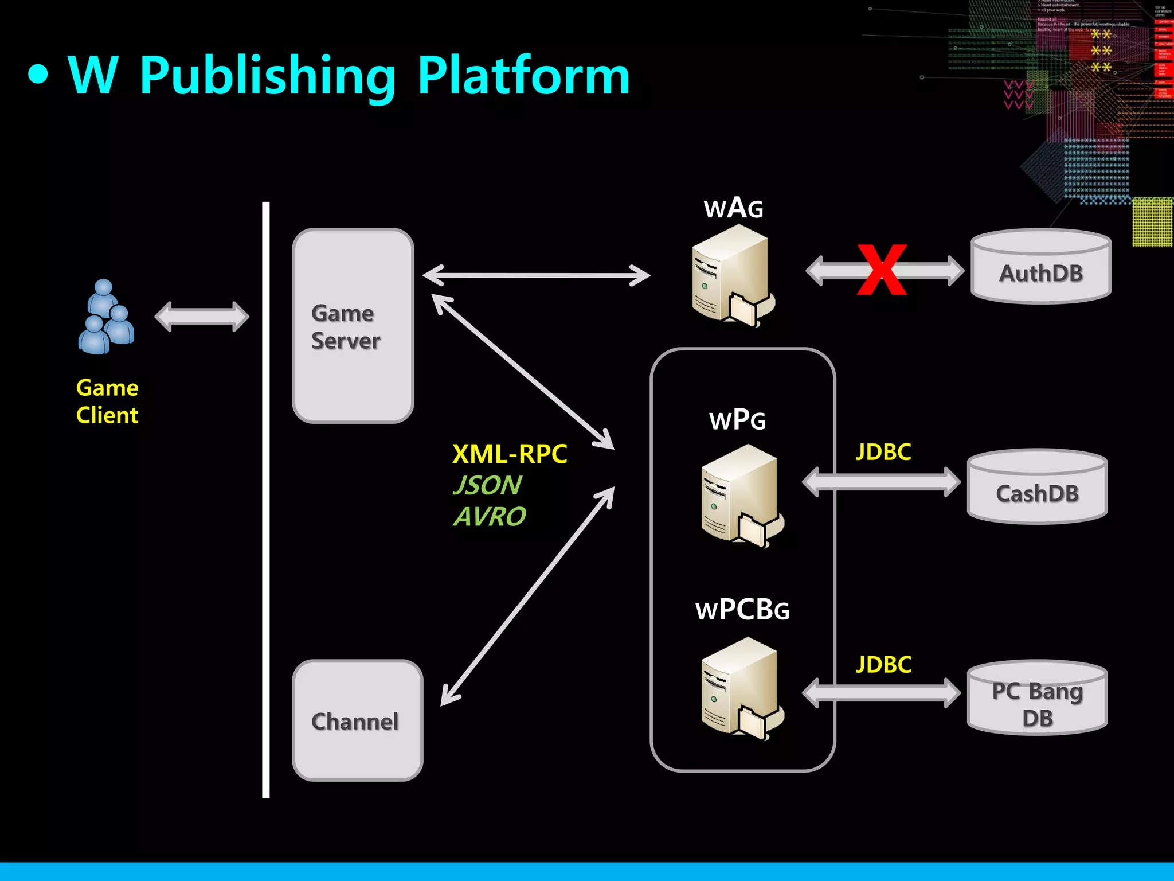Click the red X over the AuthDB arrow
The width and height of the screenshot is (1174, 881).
[x=882, y=270]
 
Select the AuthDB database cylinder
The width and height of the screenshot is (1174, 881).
[x=1040, y=267]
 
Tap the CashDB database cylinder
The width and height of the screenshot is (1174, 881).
[x=1037, y=488]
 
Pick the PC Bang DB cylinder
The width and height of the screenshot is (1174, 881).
[x=1037, y=699]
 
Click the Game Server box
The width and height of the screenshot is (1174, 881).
[x=353, y=326]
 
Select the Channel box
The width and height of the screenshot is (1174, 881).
[x=357, y=720]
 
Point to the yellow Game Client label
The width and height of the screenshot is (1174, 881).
[x=107, y=401]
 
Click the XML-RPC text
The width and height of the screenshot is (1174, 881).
[x=509, y=454]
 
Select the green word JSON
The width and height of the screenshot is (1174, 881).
[x=487, y=485]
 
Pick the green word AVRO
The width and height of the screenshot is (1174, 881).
[x=490, y=516]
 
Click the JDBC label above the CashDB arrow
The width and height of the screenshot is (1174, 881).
[x=883, y=452]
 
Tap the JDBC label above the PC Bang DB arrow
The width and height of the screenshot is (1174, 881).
[x=883, y=664]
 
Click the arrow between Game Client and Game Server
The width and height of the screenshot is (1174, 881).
[x=202, y=317]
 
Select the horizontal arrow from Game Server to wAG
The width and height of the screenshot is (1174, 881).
[x=536, y=275]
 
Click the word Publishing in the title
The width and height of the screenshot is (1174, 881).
[x=267, y=76]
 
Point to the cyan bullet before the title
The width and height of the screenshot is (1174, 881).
[x=38, y=75]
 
